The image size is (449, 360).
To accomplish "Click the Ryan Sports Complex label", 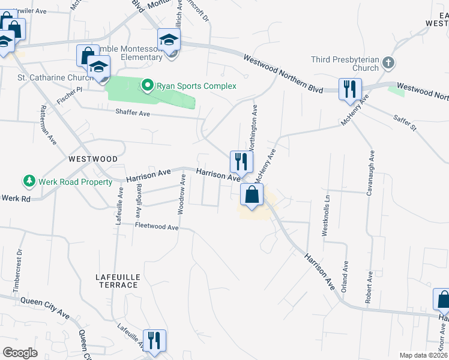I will [x=196, y=86].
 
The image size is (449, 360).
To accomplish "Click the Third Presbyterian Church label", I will [x=345, y=64].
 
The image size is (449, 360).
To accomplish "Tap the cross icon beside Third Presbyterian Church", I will [x=389, y=62].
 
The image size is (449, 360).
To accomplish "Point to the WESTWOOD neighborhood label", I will [x=93, y=159].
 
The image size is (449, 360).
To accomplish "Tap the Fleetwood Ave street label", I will [x=157, y=226].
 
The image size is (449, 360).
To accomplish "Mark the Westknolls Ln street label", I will [x=327, y=215].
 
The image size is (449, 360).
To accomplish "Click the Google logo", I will [x=20, y=352].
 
